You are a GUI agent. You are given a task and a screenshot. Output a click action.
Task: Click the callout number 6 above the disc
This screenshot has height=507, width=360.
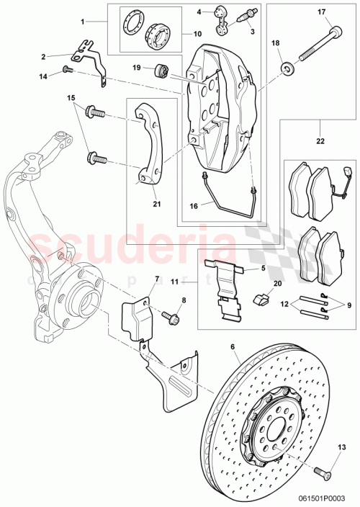pos(233,347)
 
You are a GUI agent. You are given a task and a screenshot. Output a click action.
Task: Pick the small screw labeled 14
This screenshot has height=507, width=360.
pos(65,70)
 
